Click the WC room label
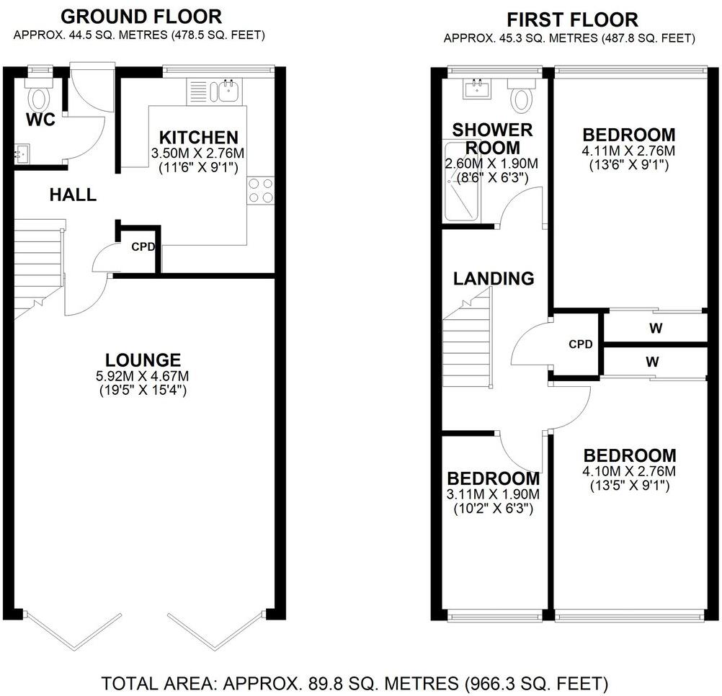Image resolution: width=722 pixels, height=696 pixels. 40,120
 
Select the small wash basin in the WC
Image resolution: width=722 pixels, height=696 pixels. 21,153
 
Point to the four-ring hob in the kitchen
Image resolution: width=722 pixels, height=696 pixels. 261,190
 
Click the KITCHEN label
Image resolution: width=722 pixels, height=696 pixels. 198,137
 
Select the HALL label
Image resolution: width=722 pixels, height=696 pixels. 73,195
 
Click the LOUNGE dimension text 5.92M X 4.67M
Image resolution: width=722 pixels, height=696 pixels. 141,376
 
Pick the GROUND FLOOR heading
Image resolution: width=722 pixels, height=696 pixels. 141,17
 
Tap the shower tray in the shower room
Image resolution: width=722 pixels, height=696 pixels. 460,180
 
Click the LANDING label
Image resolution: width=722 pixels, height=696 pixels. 494,278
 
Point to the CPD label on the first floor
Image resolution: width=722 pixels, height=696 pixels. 580,344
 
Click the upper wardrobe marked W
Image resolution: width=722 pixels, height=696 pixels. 655,329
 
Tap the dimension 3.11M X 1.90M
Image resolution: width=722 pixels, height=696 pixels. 493,495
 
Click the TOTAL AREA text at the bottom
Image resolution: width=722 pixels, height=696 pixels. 355,682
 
